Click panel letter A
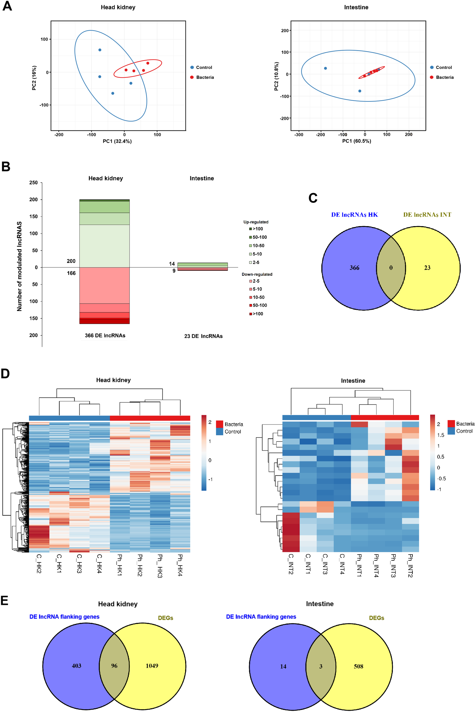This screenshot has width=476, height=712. [x=7, y=6]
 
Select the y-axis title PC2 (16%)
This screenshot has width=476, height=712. [x=34, y=78]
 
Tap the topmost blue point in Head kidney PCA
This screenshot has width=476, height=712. [x=100, y=50]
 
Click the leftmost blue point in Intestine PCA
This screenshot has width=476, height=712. [x=325, y=68]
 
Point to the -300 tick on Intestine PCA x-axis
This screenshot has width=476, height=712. [x=299, y=135]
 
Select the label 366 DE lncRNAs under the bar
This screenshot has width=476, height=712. [x=105, y=335]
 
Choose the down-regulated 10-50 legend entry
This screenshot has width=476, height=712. [x=257, y=297]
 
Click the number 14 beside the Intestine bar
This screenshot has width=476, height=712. [x=172, y=264]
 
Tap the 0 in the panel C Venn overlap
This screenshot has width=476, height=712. [x=391, y=268]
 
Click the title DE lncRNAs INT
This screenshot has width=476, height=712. [x=427, y=214]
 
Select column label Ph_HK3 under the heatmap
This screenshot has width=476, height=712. [x=160, y=566]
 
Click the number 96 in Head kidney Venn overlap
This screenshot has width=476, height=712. [x=114, y=666]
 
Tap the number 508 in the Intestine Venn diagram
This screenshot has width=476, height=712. [x=358, y=666]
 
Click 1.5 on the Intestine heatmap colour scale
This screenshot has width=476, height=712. [x=440, y=435]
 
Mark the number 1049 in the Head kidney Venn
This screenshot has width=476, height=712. [x=152, y=666]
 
